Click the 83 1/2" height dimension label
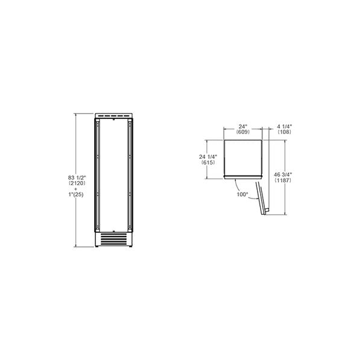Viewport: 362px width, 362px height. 77,178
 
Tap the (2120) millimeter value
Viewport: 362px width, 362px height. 77,183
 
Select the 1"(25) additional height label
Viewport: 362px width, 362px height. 76,195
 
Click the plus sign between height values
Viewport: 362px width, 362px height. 76,189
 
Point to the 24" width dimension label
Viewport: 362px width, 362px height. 243,127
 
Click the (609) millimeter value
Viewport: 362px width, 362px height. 243,132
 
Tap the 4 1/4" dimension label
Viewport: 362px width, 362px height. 284,127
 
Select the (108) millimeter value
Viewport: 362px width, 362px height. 284,132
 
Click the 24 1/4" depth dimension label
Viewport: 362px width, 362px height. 208,157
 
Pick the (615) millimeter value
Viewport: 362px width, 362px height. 208,162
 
